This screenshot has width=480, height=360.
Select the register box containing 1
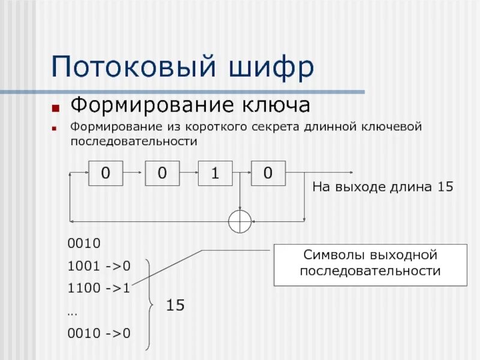click(x=215, y=173)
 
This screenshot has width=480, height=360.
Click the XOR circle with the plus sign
click(x=239, y=221)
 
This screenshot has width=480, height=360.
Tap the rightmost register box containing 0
click(x=268, y=173)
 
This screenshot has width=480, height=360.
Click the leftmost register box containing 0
click(x=106, y=173)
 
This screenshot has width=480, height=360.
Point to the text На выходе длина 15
click(x=382, y=187)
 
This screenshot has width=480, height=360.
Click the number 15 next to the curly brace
click(x=175, y=305)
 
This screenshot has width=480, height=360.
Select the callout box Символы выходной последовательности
click(x=370, y=264)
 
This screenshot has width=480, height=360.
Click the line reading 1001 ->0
click(x=99, y=265)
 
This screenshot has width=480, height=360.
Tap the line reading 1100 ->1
click(x=99, y=287)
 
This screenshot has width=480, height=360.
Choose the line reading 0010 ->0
click(x=99, y=333)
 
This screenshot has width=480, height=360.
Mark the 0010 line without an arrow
click(x=84, y=244)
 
